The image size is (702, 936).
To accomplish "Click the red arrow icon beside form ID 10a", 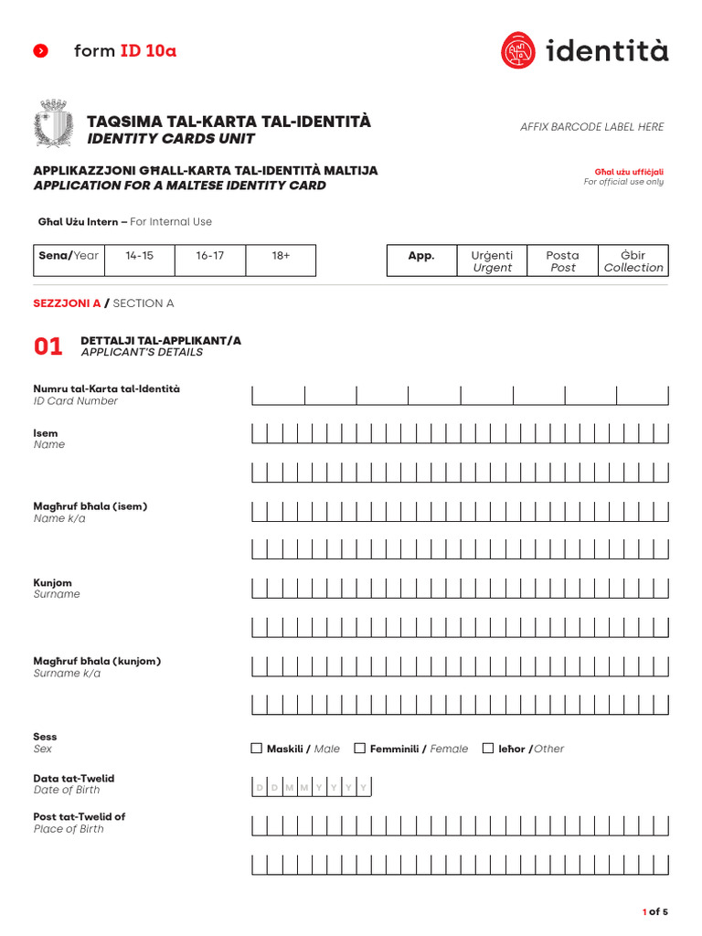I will pyautogui.click(x=40, y=51).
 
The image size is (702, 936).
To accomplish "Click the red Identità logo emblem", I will pyautogui.click(x=518, y=50).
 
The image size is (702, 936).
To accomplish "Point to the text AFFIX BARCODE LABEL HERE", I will pyautogui.click(x=591, y=127).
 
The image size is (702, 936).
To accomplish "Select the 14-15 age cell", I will pyautogui.click(x=140, y=261).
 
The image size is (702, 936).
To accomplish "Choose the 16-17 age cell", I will pyautogui.click(x=210, y=261).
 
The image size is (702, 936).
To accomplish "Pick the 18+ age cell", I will pyautogui.click(x=281, y=261).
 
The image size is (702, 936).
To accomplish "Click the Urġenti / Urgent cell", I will pyautogui.click(x=492, y=261).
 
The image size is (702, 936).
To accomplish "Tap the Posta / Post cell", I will pyautogui.click(x=562, y=261).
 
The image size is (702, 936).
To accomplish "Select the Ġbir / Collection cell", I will pyautogui.click(x=633, y=261).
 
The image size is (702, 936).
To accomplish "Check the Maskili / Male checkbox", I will pyautogui.click(x=257, y=749).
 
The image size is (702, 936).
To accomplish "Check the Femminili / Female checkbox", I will pyautogui.click(x=360, y=749).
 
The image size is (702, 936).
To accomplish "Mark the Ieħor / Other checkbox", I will pyautogui.click(x=488, y=749).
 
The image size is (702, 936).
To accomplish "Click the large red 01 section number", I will pyautogui.click(x=48, y=346).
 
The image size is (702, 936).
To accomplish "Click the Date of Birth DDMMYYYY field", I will pyautogui.click(x=311, y=787).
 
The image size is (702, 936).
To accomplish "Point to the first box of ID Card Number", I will pyautogui.click(x=279, y=395).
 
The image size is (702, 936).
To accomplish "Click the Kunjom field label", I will pyautogui.click(x=53, y=583).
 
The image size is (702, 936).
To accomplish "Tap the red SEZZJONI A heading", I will pyautogui.click(x=67, y=303).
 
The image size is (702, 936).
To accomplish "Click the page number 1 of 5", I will pyautogui.click(x=655, y=911).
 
